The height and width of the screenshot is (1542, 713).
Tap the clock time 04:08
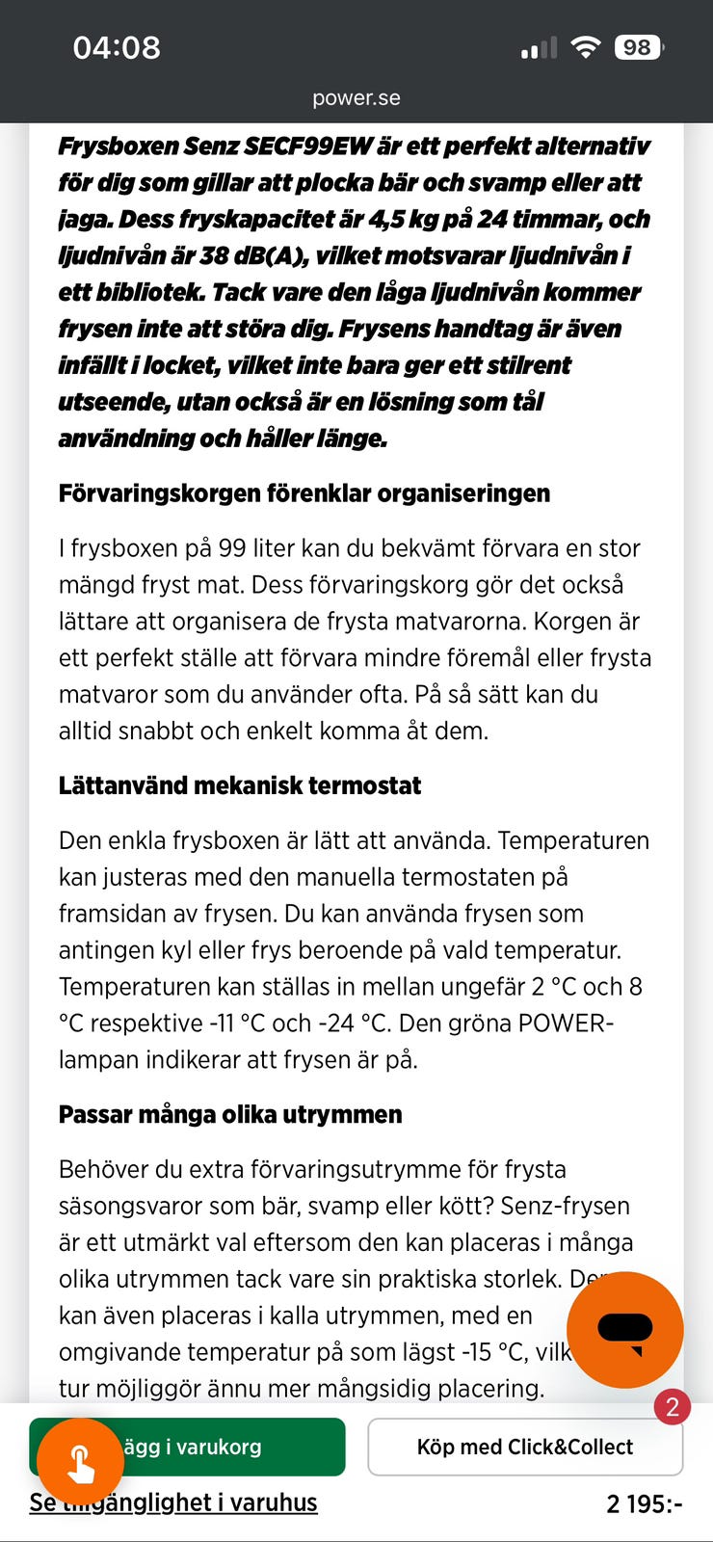pyautogui.click(x=117, y=47)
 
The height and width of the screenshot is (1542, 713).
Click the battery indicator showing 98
pyautogui.click(x=638, y=47)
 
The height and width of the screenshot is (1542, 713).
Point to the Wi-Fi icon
pyautogui.click(x=585, y=47)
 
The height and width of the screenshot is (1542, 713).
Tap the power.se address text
pyautogui.click(x=356, y=97)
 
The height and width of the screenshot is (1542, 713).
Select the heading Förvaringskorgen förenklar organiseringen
pyautogui.click(x=304, y=493)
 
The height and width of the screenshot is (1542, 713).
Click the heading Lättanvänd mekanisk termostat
pyautogui.click(x=240, y=785)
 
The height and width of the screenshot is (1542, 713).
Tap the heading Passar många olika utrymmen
pyautogui.click(x=230, y=1114)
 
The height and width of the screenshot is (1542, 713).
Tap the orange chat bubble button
pyautogui.click(x=624, y=1330)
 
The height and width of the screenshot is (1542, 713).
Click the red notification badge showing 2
pyautogui.click(x=673, y=1407)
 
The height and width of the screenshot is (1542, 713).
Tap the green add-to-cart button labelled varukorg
pyautogui.click(x=231, y=1447)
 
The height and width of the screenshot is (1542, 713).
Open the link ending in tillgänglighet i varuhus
pyautogui.click(x=173, y=1502)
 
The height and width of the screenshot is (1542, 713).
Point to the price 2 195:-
pyautogui.click(x=645, y=1503)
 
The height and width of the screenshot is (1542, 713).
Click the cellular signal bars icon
pyautogui.click(x=539, y=48)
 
